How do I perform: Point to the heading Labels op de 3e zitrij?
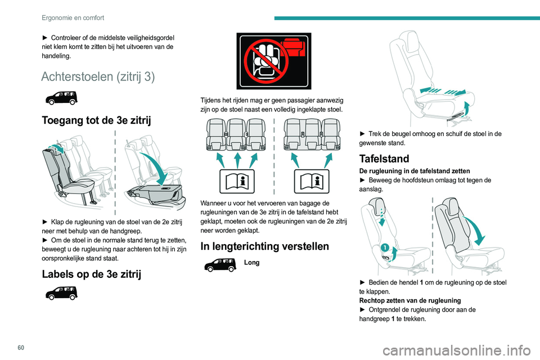[92, 274]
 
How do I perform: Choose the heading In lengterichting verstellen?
[264, 246]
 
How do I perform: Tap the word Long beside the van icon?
[252, 262]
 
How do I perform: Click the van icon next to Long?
[220, 264]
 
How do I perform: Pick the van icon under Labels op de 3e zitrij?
[60, 294]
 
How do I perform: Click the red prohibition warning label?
[273, 61]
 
